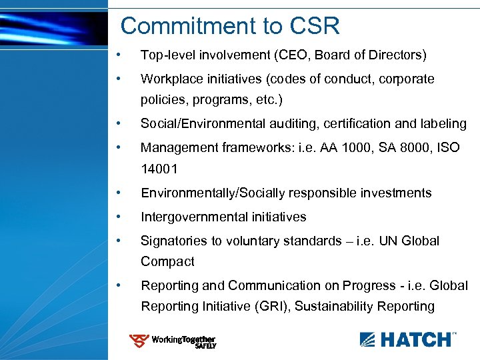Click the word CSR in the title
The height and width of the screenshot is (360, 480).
[x=315, y=26]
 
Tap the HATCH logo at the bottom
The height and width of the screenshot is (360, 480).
[x=408, y=339]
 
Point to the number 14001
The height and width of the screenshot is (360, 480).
[x=159, y=169]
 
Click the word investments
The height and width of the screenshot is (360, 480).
[x=395, y=193]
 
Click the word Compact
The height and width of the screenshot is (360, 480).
[x=167, y=262]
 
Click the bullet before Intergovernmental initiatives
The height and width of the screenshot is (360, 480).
[x=118, y=217]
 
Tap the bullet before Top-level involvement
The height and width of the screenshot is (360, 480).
[x=118, y=55]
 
